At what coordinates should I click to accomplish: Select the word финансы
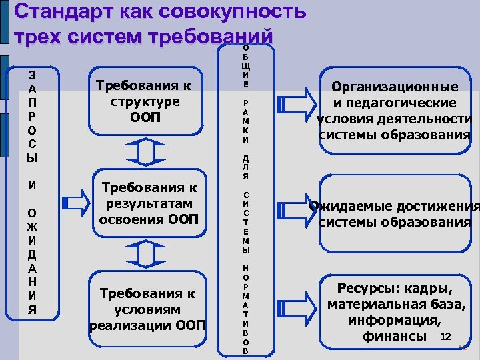(x=395, y=337)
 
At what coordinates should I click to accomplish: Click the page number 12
(x=447, y=335)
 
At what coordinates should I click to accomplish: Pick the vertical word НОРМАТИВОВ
(x=245, y=309)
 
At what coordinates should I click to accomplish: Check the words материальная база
(x=395, y=305)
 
